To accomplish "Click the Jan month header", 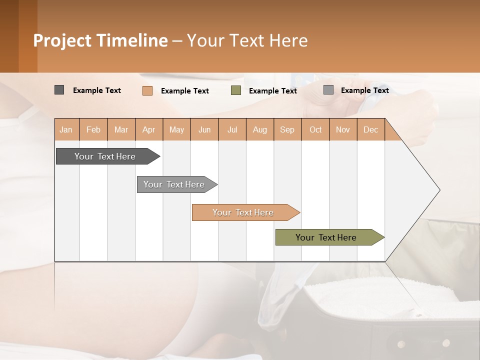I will coord(66,129).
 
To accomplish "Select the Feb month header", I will coord(93,129).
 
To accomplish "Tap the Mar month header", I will coord(121,129).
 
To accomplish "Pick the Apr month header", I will coord(149,129).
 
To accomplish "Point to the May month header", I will coord(176,129).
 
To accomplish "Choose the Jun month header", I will coord(204,129).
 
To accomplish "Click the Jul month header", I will coord(232,129).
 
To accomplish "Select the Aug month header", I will coord(260,129).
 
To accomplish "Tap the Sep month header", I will coord(287,129).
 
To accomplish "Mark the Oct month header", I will coord(315,129).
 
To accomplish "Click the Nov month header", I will coord(343,129).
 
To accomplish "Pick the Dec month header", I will coord(371,129).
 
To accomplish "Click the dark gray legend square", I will coord(59,90).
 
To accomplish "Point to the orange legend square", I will coord(147,90).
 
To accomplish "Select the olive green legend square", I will coord(236,90).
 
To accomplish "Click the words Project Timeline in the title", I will coord(100,40).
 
